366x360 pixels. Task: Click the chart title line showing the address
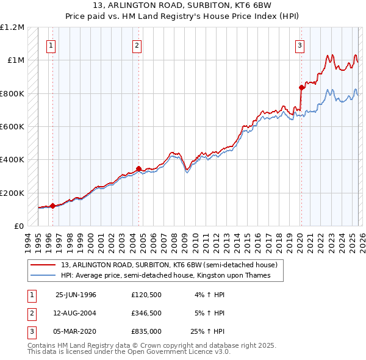coord(182,6)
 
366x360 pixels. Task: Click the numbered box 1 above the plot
coord(51,45)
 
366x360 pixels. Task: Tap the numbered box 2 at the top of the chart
coord(138,45)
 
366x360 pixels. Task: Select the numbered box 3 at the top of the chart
coord(300,45)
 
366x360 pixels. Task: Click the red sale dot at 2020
coord(301,87)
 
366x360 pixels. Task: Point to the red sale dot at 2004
coord(138,168)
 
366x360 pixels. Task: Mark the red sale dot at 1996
coord(52,206)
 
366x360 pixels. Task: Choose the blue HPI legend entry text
coord(165,276)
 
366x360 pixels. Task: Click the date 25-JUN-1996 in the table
coord(76,294)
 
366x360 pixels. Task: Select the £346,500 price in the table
coord(146,313)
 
